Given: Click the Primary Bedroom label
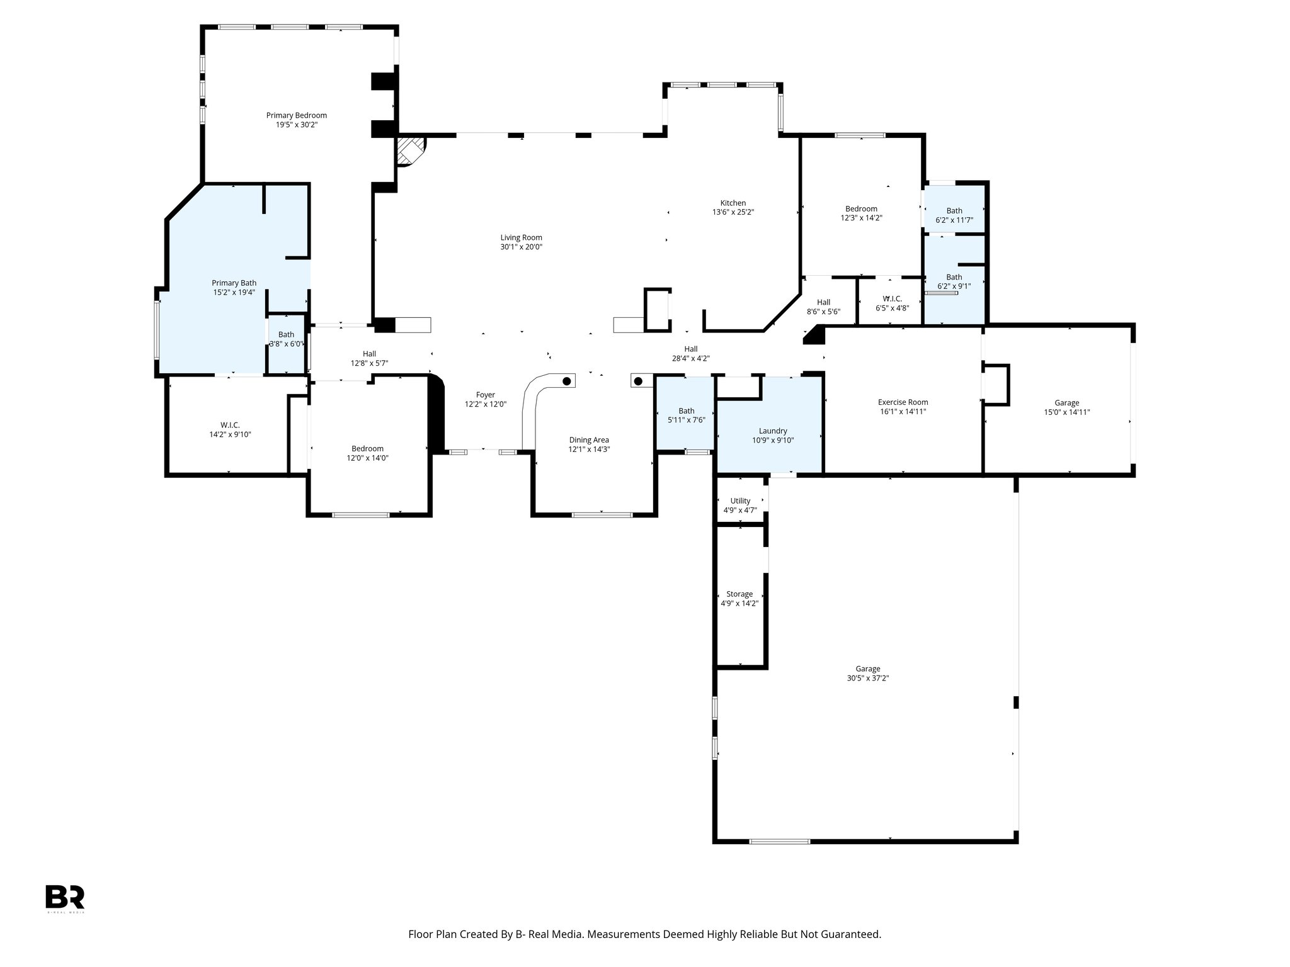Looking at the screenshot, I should [296, 115].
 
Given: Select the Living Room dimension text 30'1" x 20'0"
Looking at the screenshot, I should [521, 247].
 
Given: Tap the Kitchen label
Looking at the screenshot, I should [733, 203].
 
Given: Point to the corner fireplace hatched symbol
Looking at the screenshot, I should [411, 152].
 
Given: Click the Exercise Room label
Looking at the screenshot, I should [903, 402].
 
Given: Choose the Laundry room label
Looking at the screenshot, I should [772, 431].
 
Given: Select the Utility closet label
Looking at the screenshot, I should [740, 501].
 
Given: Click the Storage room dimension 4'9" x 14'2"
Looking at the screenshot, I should [739, 603].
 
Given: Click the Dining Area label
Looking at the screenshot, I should [589, 440].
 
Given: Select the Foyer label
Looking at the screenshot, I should [485, 395].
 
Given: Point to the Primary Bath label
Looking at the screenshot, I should [234, 283].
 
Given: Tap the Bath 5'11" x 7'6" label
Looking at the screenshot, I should [686, 416].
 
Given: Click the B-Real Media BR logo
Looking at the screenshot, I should [65, 896].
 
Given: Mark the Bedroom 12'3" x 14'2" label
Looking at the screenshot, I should [861, 213].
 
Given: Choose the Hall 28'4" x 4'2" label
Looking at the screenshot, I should [690, 354].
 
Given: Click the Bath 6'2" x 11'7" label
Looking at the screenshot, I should [954, 215].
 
